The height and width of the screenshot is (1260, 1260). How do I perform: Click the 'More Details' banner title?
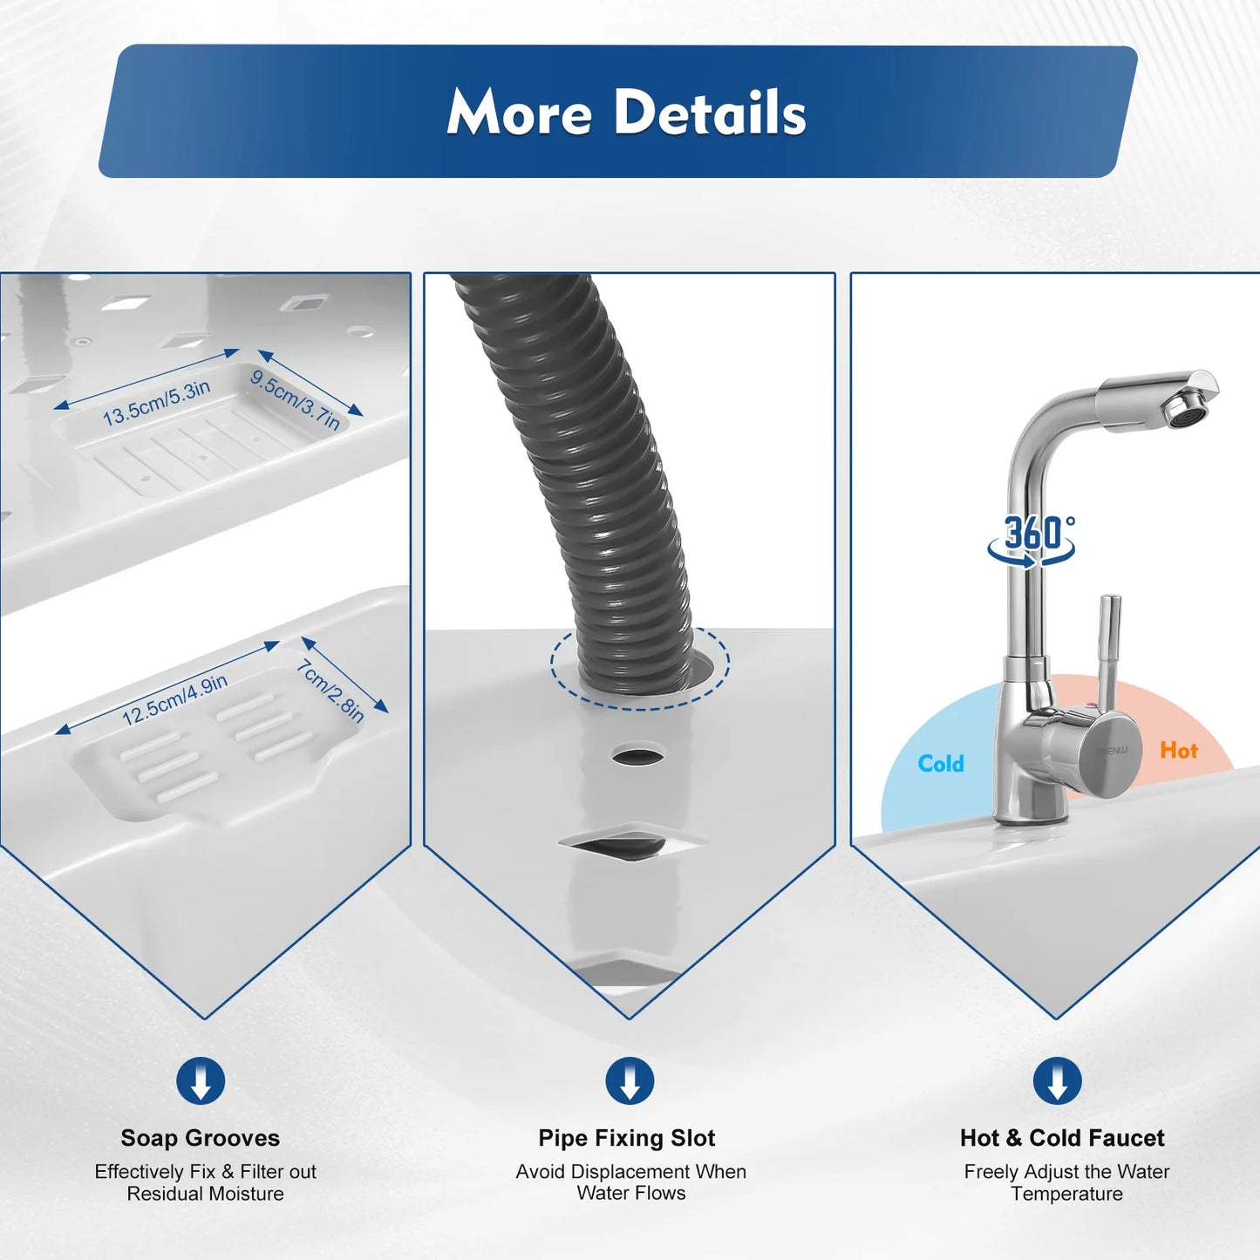click(x=626, y=112)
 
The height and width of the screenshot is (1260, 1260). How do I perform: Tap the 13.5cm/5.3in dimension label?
click(x=157, y=403)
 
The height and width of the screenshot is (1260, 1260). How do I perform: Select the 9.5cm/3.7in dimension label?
click(x=295, y=399)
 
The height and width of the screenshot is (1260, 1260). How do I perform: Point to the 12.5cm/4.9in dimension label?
click(x=174, y=700)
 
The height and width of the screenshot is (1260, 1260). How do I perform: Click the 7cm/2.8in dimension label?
click(x=330, y=691)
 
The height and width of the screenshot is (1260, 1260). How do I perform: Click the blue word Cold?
click(x=941, y=764)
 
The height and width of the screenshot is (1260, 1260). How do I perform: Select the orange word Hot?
click(x=1178, y=751)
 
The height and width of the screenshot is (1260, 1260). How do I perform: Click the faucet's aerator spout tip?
click(x=1189, y=408)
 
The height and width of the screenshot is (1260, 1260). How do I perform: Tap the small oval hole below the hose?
click(x=637, y=755)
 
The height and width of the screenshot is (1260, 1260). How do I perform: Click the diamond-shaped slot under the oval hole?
click(x=632, y=843)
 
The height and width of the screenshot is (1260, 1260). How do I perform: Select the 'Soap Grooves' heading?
click(x=201, y=1138)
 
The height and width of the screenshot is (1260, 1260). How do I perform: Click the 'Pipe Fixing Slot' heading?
click(x=627, y=1138)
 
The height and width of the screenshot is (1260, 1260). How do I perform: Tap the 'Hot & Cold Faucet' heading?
click(x=1062, y=1138)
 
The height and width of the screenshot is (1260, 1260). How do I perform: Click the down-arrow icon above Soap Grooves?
click(x=201, y=1081)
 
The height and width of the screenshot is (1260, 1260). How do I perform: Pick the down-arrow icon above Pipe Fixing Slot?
click(x=630, y=1081)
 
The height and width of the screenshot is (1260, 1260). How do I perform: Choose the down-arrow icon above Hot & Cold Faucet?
click(x=1057, y=1081)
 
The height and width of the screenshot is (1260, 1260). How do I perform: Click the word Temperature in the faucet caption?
click(x=1066, y=1194)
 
